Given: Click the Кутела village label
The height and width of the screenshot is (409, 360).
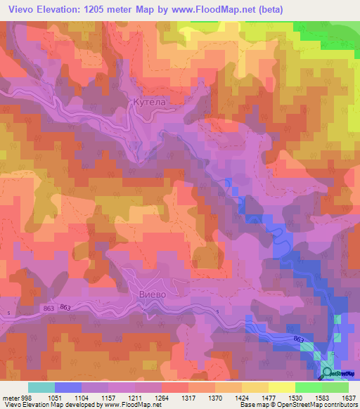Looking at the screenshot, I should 148,103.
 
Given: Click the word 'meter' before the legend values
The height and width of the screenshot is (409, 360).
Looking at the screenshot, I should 10,397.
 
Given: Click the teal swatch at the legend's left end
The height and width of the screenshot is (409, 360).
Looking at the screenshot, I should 41,387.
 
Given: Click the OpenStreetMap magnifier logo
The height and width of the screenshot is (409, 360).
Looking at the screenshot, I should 328,373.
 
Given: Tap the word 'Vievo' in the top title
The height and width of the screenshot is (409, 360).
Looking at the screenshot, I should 22,10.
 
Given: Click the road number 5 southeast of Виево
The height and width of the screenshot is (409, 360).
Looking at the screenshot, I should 217,313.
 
